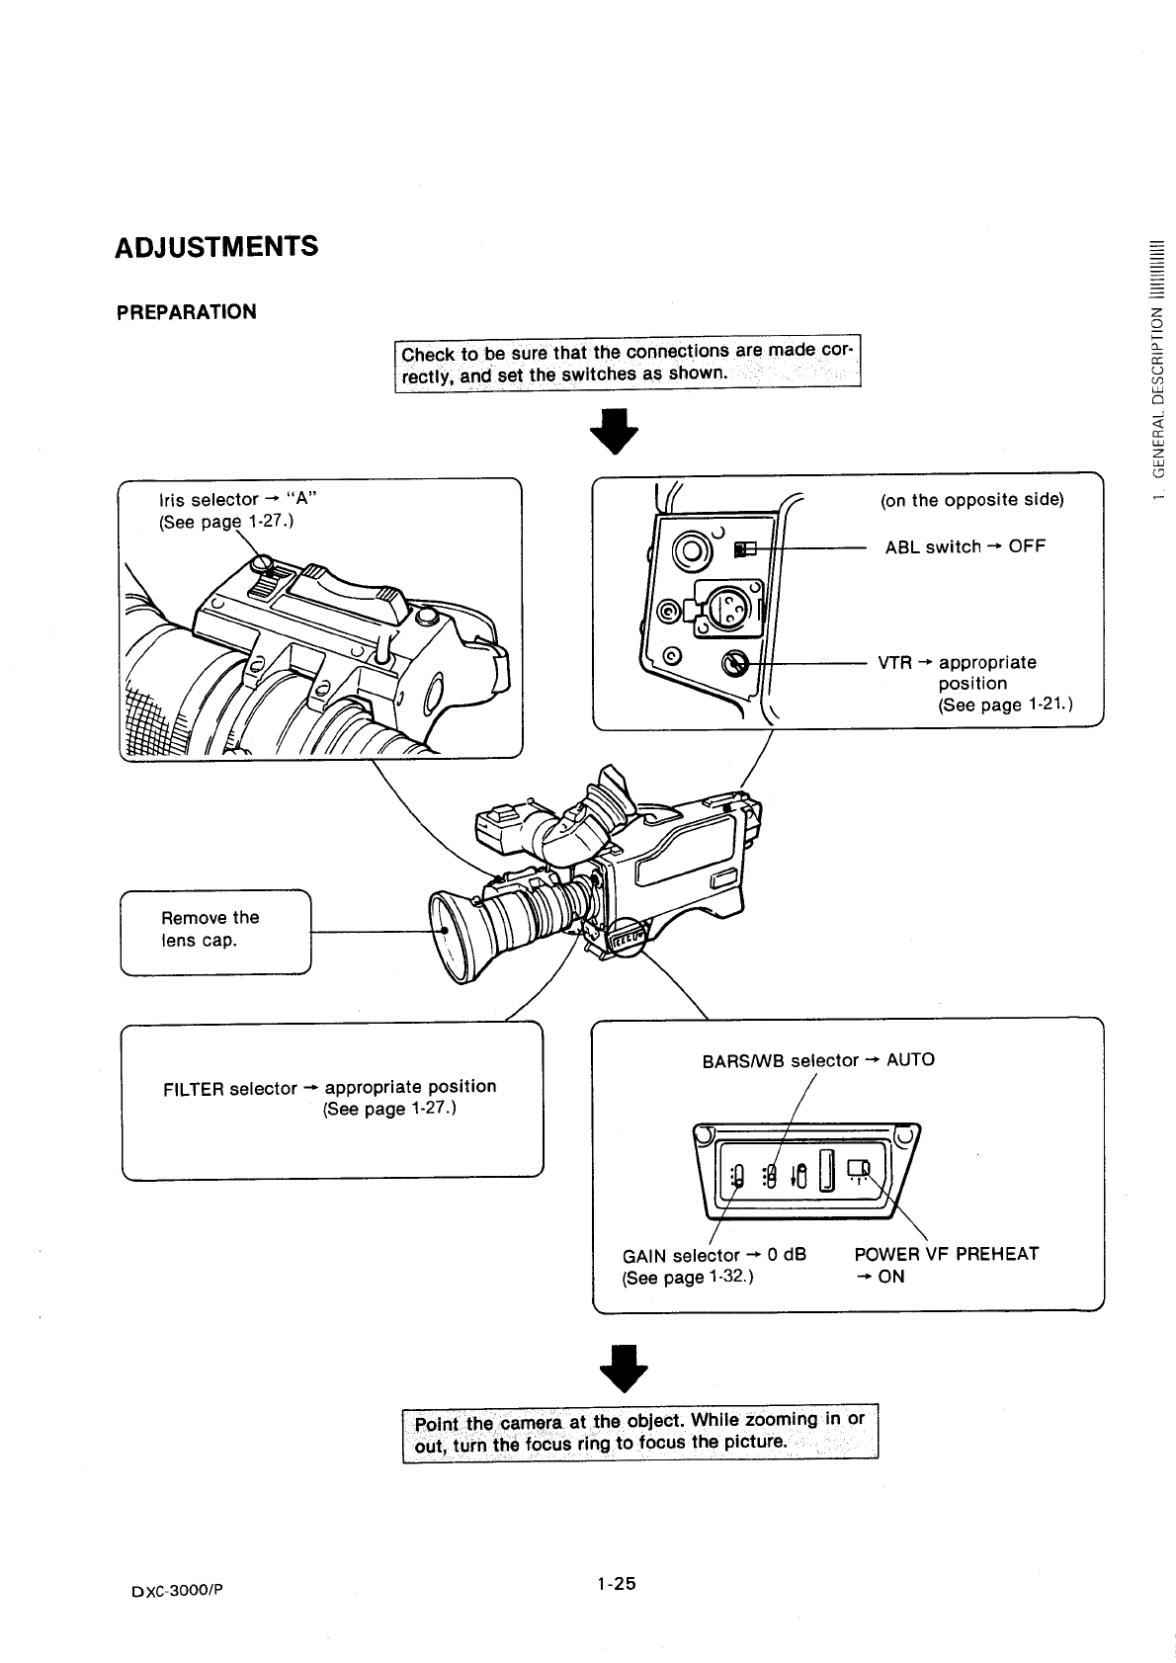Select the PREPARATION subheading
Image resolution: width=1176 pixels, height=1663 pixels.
coord(186,312)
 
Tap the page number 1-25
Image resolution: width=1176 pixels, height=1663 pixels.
coord(615,1583)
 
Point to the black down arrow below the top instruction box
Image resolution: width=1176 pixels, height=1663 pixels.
coord(614,430)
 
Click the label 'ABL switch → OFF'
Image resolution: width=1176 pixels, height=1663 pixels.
coord(964,546)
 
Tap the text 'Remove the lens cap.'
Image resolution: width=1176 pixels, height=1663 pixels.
coord(210,928)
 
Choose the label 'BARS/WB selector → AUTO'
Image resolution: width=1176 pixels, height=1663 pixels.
coord(817,1060)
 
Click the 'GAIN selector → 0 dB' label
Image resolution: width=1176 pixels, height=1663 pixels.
coord(714,1255)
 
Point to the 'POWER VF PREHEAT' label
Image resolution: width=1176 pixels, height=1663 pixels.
coord(946,1254)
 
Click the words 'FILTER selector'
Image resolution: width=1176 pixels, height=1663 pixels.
coord(229,1088)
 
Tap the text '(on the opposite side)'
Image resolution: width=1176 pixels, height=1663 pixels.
coord(971,499)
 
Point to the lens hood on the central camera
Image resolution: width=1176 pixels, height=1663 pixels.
coord(456,936)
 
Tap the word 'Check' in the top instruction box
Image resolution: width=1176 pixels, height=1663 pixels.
coord(427,355)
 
